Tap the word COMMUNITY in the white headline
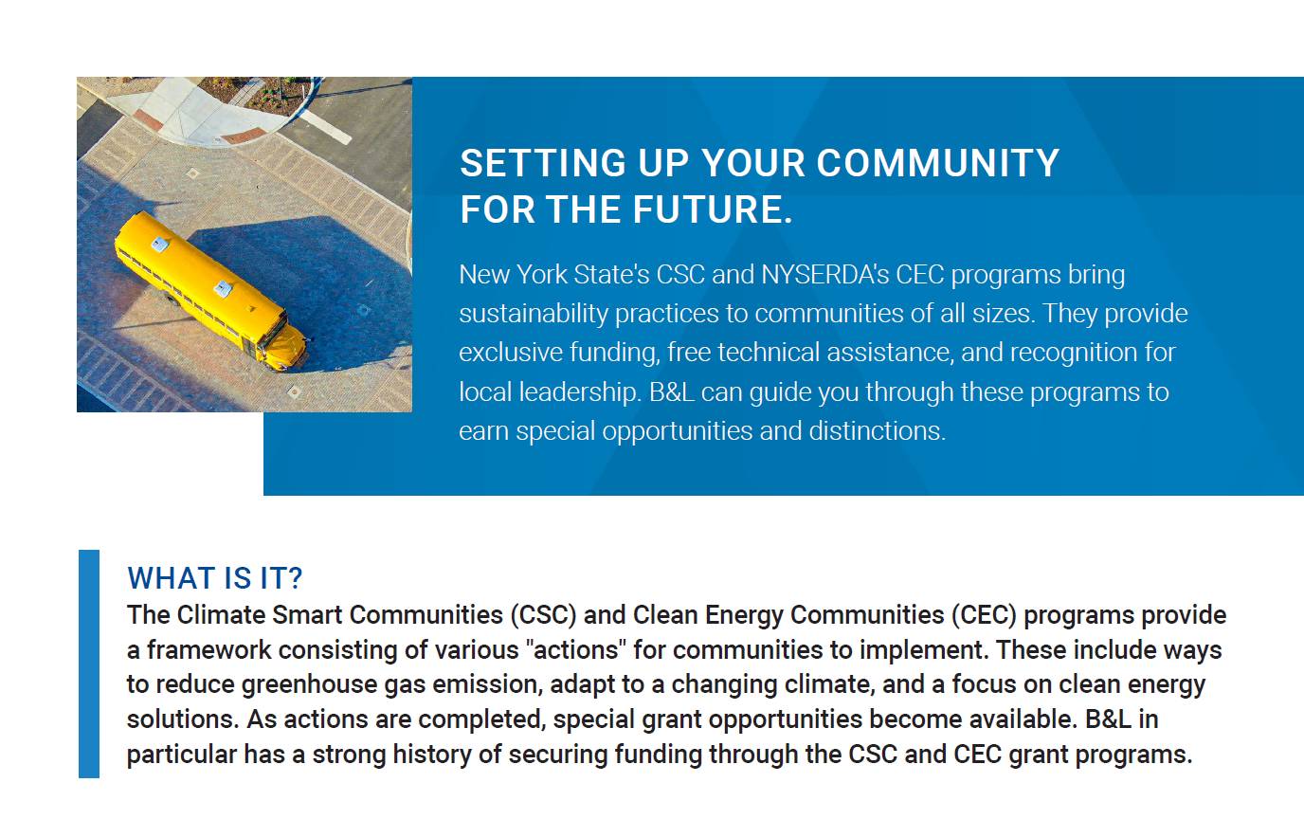937,163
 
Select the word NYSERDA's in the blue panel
824,275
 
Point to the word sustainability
534,315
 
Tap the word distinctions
878,431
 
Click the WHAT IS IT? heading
215,578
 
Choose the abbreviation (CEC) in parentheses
984,615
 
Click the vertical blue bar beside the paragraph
89,664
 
